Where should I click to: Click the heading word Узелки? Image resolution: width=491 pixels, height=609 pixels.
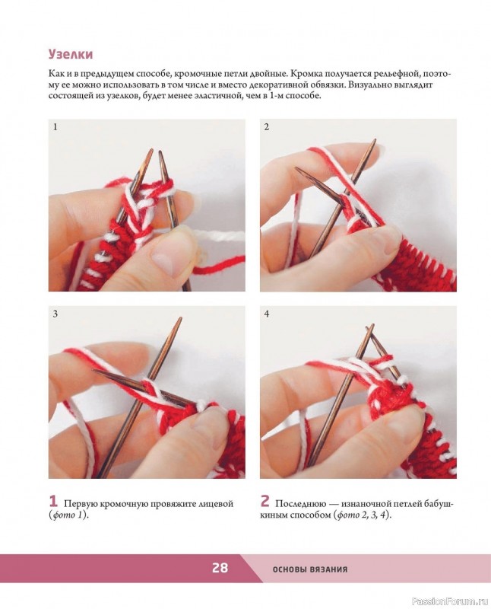tap(71, 54)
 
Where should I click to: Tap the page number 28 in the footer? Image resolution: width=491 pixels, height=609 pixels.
tap(220, 568)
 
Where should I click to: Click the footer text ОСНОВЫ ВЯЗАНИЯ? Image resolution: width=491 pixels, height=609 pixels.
tap(310, 569)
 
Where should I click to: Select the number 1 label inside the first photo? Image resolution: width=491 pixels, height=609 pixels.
tap(55, 126)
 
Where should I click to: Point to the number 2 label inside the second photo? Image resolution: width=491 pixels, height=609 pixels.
tap(267, 126)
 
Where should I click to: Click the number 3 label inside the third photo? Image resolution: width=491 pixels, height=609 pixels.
tap(55, 314)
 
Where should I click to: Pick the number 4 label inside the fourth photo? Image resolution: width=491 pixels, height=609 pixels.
tap(267, 314)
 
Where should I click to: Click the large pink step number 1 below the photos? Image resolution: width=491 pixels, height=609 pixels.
tap(53, 501)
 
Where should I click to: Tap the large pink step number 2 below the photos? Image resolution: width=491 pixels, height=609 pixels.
tap(265, 501)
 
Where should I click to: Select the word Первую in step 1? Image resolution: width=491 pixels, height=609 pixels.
tap(81, 504)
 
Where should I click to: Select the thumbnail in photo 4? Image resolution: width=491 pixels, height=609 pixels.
tap(404, 428)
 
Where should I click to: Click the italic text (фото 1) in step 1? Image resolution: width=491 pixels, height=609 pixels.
tap(68, 515)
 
